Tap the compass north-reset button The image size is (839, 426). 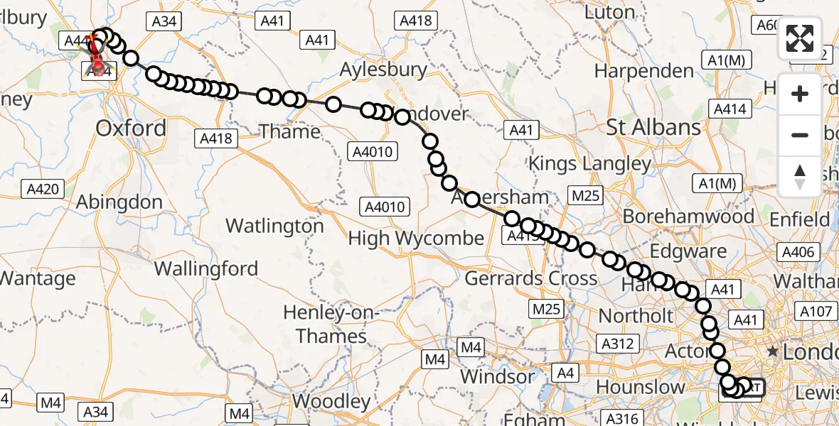point(800,177)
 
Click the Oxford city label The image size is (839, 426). point(131,129)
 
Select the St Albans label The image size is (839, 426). point(653,128)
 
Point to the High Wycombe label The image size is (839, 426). point(416,239)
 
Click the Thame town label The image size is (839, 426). point(289,131)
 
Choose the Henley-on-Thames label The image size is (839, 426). point(332,324)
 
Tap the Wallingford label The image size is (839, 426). point(205,270)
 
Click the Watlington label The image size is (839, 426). point(274,226)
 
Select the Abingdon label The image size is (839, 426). point(119,202)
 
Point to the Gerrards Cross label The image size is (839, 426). point(530,278)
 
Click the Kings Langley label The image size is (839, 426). point(589,164)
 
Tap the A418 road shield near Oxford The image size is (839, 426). point(217,138)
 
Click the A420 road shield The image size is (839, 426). point(43,189)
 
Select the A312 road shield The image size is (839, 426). point(618,344)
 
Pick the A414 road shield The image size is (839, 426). point(730,109)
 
